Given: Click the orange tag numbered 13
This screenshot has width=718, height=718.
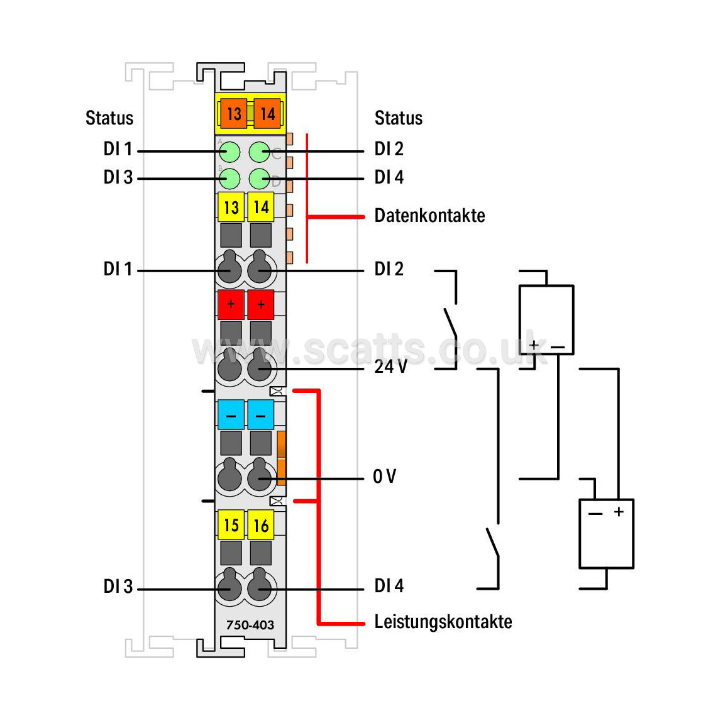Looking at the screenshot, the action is click(x=233, y=114).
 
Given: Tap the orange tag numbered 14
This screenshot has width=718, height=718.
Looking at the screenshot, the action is click(x=267, y=114).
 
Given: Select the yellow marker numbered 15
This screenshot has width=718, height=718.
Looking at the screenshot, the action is click(x=231, y=525).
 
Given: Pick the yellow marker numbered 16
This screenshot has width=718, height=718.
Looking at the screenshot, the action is click(x=260, y=525).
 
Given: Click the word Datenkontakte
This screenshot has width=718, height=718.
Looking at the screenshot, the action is click(x=429, y=216).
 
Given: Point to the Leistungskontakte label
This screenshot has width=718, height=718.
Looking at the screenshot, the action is click(x=443, y=622).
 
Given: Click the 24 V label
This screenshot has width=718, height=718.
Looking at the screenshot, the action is click(x=390, y=367).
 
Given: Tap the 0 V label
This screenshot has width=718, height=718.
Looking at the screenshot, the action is click(x=385, y=476).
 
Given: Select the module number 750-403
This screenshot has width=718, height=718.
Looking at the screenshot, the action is click(x=250, y=625).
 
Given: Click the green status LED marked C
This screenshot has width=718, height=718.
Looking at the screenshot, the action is click(x=259, y=152).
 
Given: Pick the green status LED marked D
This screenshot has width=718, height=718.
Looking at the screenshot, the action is click(x=259, y=179).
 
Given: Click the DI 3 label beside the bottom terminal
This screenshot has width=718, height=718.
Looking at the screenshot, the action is click(x=118, y=587).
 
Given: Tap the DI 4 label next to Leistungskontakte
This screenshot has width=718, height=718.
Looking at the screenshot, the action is click(x=389, y=586).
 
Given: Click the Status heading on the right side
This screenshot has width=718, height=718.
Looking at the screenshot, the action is click(x=399, y=118).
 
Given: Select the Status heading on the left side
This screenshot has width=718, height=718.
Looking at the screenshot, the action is click(x=109, y=118).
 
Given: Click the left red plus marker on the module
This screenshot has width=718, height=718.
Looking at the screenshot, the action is click(x=231, y=304).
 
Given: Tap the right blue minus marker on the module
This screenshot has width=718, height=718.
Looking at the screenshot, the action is click(x=260, y=415).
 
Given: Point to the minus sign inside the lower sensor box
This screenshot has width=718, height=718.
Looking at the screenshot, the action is click(x=595, y=514).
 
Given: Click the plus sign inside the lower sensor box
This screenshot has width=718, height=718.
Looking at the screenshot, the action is click(x=619, y=512).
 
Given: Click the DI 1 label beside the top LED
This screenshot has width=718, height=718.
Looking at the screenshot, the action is click(x=118, y=149).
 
